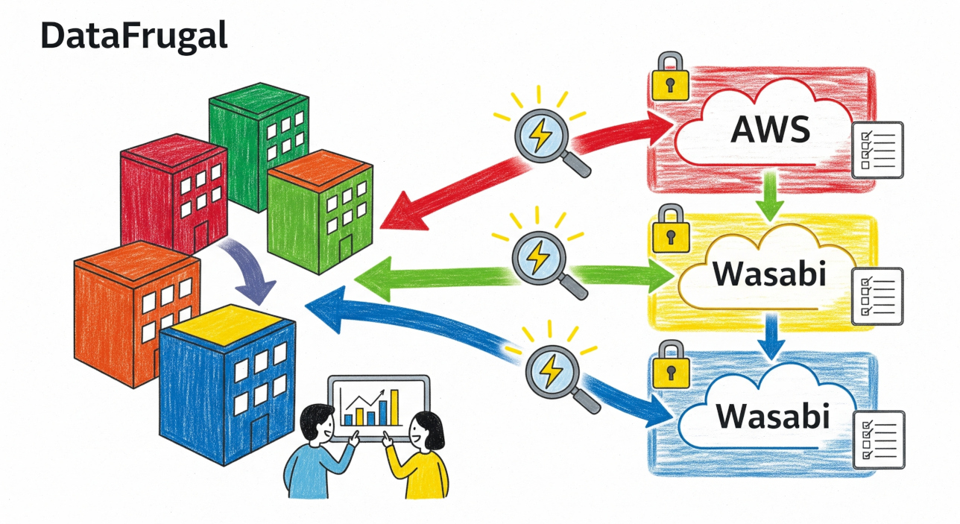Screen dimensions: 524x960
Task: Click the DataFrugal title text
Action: [x=133, y=36]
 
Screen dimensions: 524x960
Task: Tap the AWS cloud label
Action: [x=770, y=130]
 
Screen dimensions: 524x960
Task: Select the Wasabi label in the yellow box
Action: [x=770, y=274]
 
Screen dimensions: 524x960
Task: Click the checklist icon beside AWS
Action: [x=878, y=149]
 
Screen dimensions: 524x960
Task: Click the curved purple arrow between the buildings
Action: [x=254, y=272]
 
